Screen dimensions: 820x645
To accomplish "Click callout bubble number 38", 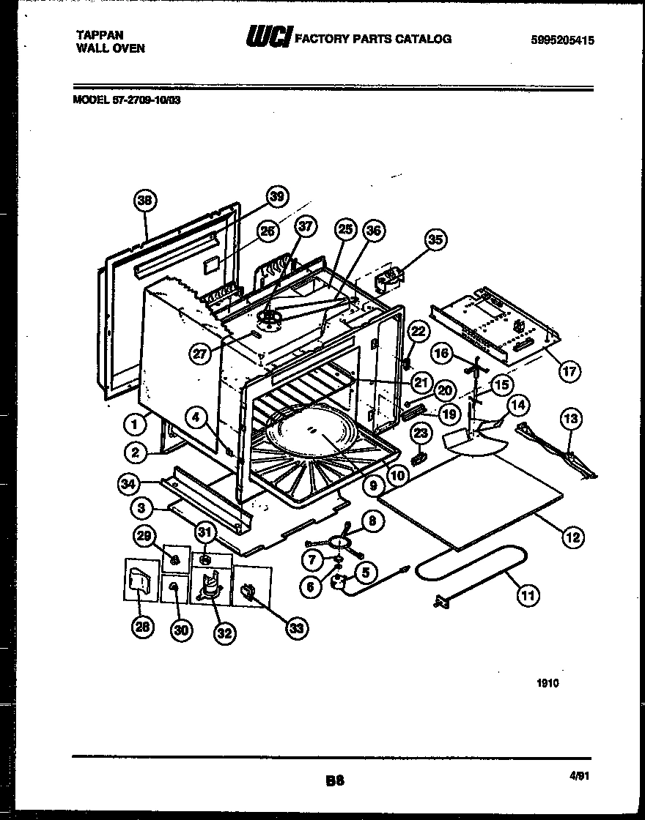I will [146, 200].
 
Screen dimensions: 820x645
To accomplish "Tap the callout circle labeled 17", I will [569, 371].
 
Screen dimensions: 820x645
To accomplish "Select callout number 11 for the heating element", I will [527, 595].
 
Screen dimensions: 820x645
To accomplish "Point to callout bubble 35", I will [435, 239].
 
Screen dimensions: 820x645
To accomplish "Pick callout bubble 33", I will [295, 627].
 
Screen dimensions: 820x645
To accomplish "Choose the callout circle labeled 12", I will [572, 537].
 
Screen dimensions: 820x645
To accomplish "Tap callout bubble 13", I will [571, 419].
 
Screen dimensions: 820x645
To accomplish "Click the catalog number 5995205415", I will [562, 41].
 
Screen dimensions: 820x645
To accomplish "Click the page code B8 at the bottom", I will [334, 781].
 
